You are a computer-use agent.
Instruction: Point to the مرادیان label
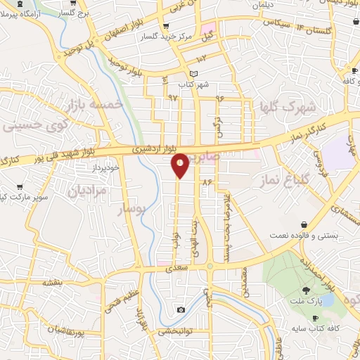pos(86,190)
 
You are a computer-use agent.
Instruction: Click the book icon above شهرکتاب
pos(195,75)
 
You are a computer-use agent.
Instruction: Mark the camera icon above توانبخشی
pos(181,310)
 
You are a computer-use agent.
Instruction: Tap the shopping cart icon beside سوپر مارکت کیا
pos(20,188)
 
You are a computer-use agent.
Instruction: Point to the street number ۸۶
pos(207,182)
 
